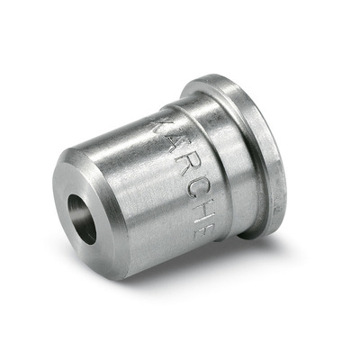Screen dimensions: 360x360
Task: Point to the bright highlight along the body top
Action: coord(135,121)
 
